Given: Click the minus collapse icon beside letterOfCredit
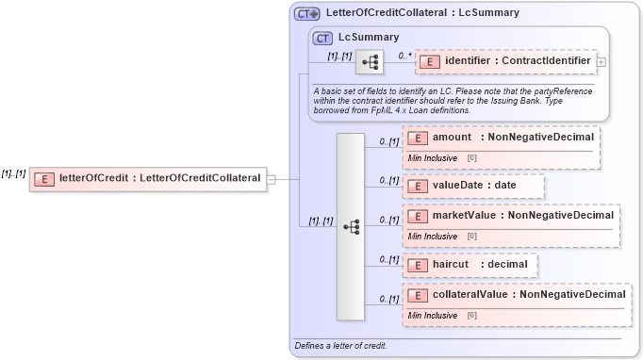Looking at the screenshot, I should pyautogui.click(x=272, y=179).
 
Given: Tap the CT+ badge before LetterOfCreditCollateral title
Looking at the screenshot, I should pyautogui.click(x=307, y=14).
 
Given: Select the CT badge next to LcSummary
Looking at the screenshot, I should pyautogui.click(x=323, y=39).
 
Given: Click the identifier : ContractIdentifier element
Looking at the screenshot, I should pyautogui.click(x=504, y=62).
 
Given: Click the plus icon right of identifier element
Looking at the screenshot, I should pyautogui.click(x=602, y=63).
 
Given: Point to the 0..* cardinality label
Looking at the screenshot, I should pyautogui.click(x=405, y=56).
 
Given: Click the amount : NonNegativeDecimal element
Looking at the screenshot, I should pyautogui.click(x=501, y=138).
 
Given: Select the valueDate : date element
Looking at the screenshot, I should pyautogui.click(x=473, y=186).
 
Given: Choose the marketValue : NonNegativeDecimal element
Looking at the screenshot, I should pyautogui.click(x=510, y=216).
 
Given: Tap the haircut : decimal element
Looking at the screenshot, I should pyautogui.click(x=470, y=265).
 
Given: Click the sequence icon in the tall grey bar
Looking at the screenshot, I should pyautogui.click(x=351, y=227).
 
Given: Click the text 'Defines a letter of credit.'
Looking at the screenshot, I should pyautogui.click(x=340, y=346).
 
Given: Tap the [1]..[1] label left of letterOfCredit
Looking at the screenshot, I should pyautogui.click(x=13, y=173).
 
